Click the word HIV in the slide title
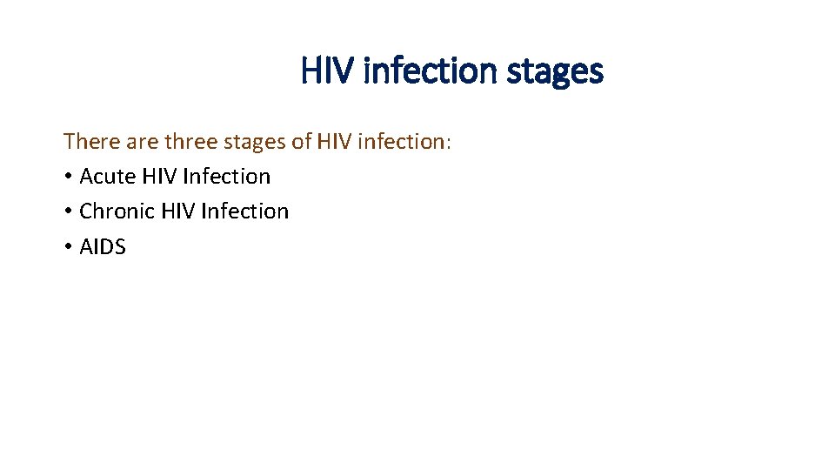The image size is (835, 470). [327, 70]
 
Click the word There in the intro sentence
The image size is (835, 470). [89, 141]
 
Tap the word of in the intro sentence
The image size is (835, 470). [302, 141]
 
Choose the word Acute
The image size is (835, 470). [107, 177]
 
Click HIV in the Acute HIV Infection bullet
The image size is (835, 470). [159, 177]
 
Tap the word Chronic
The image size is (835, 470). [117, 211]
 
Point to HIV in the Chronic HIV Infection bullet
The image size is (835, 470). [178, 211]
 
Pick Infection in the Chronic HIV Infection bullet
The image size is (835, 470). [245, 211]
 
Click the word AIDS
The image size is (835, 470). [103, 247]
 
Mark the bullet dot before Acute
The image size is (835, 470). [67, 178]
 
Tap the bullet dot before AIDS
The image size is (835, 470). [67, 248]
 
